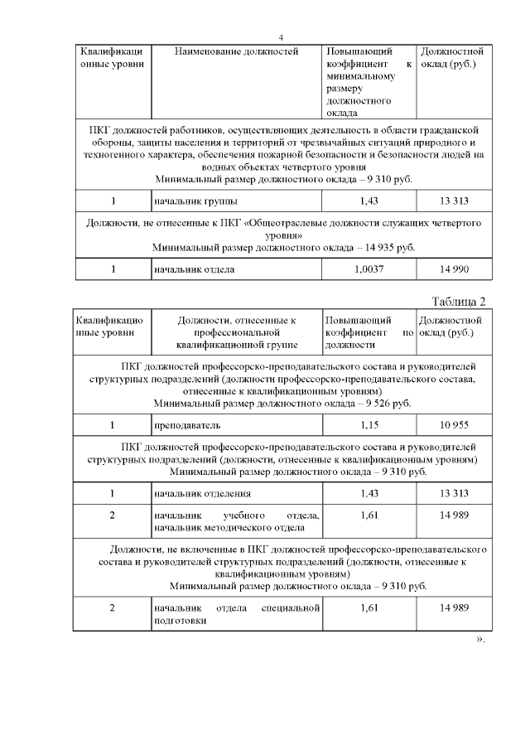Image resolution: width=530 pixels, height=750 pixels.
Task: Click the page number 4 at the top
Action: click(x=281, y=38)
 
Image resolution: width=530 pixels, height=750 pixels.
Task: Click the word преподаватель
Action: click(x=187, y=425)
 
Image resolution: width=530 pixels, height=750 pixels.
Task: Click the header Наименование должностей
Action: click(x=237, y=52)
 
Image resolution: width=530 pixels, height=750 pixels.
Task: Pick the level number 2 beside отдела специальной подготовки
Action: click(x=112, y=608)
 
